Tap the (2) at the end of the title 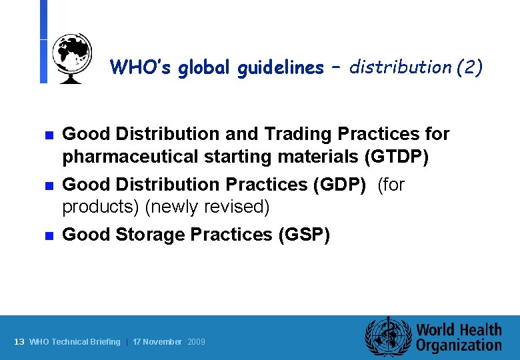click(469, 67)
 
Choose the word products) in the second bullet click(101, 207)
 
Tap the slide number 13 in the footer click(19, 342)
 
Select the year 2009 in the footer click(197, 342)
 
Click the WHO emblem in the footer click(387, 337)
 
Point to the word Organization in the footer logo click(459, 345)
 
